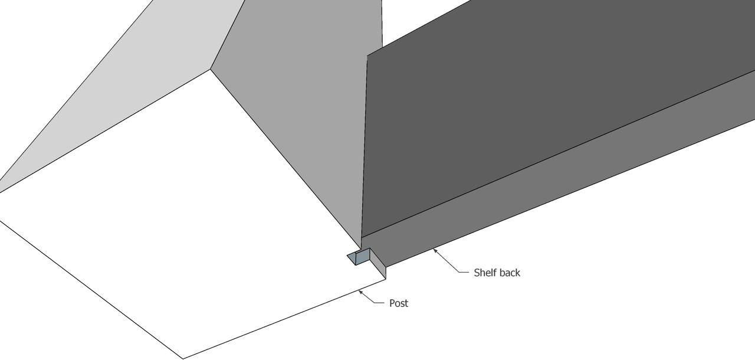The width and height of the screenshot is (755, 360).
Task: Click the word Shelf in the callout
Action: (x=485, y=273)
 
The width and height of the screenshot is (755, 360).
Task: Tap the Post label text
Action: (x=399, y=303)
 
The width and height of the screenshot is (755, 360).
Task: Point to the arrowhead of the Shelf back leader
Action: (x=434, y=250)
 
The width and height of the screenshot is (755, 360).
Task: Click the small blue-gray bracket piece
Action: (x=360, y=257)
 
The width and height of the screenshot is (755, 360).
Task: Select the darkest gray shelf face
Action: (x=531, y=118)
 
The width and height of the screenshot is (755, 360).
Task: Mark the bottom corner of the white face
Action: (x=183, y=358)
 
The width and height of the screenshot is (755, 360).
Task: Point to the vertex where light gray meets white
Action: (x=211, y=69)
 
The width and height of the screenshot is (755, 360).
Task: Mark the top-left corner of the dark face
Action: (x=367, y=56)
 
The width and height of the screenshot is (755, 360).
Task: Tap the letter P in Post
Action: (x=392, y=303)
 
